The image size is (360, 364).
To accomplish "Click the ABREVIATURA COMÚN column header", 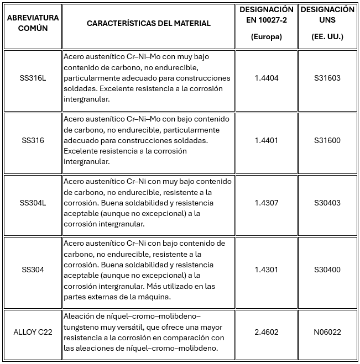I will (33, 23).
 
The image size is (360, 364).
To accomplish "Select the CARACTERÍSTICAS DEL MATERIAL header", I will (148, 23).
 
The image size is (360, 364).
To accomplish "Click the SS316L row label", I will (33, 78).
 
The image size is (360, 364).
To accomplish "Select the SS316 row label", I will (33, 140).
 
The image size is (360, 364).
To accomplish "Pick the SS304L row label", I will (33, 203).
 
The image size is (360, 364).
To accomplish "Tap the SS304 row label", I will (33, 270).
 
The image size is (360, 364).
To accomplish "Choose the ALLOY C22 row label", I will (33, 332).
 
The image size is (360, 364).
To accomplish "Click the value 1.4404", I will (267, 78).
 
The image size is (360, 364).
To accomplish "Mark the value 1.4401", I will (267, 140).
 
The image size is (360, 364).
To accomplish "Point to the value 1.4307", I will (267, 203).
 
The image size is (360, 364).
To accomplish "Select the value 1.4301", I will (267, 270).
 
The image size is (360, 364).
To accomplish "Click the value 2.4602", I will (267, 332).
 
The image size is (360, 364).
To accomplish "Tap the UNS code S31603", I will (327, 78).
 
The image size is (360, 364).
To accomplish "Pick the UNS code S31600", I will (327, 140).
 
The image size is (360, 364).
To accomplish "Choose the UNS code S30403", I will (327, 203).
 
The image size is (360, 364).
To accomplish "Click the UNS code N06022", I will (327, 332).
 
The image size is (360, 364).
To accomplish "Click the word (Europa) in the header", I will (267, 37).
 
